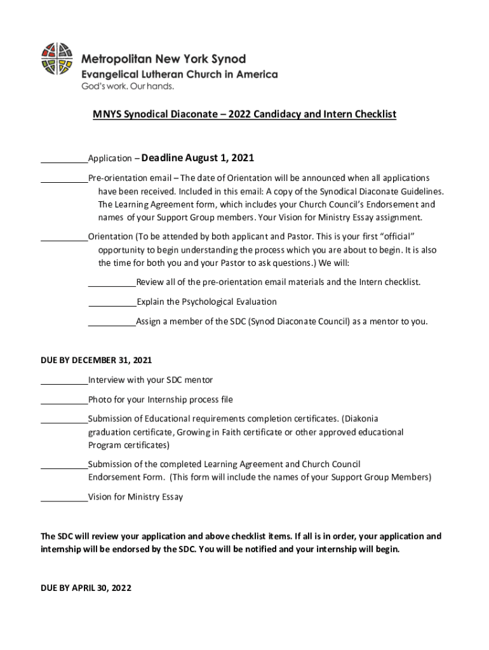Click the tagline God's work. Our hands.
click(x=126, y=86)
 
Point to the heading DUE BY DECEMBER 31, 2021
click(x=96, y=360)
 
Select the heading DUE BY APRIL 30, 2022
click(x=86, y=588)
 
